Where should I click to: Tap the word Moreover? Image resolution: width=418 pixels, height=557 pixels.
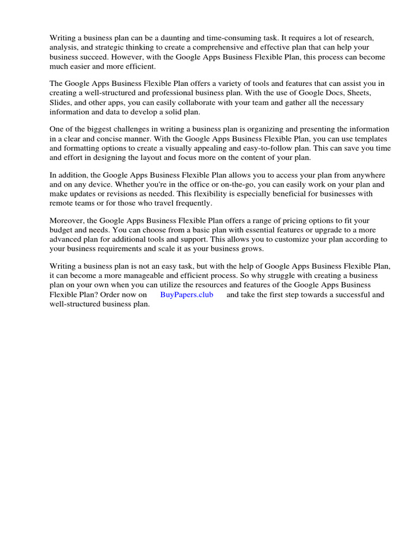[x=67, y=221]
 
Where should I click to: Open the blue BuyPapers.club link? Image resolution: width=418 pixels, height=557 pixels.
[x=187, y=295]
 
